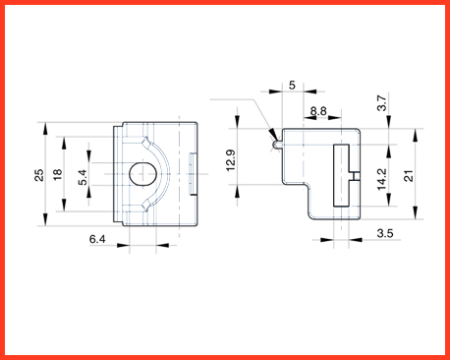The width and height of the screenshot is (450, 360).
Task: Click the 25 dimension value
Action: click(39, 175)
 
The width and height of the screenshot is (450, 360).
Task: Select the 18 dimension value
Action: click(57, 174)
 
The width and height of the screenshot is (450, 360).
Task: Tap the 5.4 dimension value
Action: click(83, 177)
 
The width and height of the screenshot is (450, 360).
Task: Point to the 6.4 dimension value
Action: click(97, 239)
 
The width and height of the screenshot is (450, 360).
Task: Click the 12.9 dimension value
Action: click(231, 160)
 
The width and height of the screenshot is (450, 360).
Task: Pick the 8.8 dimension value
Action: click(318, 111)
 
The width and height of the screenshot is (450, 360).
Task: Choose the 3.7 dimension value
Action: click(382, 103)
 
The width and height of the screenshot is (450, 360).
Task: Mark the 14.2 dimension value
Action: click(381, 179)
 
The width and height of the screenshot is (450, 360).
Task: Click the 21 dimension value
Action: click(409, 176)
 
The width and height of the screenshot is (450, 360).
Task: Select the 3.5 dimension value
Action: click(385, 233)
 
